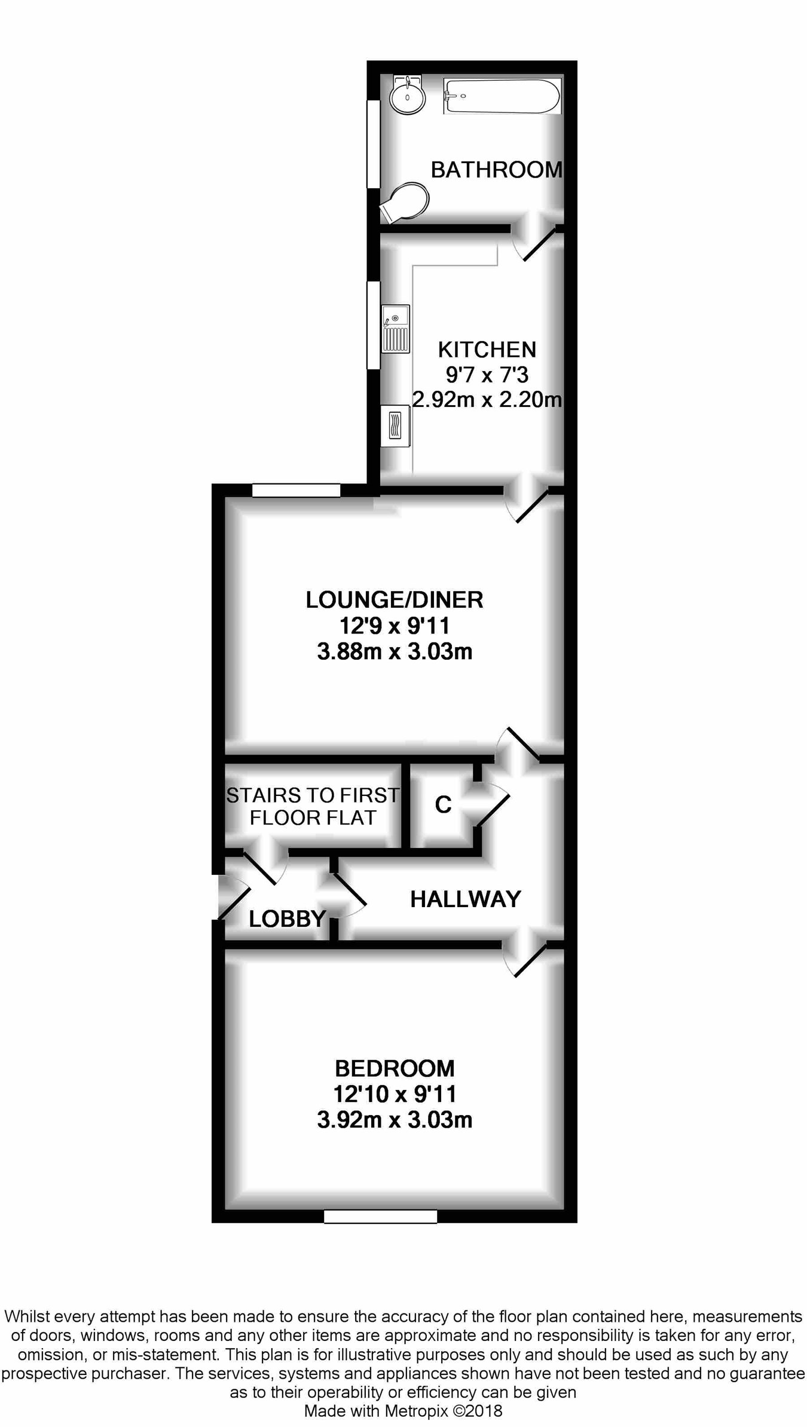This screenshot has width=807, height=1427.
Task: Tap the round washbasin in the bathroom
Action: [x=408, y=96]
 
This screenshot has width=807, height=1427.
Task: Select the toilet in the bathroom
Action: [x=406, y=200]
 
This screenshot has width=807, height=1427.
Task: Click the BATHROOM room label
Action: [x=496, y=170]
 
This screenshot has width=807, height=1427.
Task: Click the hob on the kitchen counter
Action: [x=395, y=425]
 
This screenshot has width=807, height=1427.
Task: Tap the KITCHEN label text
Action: [x=487, y=350]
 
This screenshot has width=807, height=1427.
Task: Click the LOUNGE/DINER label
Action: [x=395, y=600]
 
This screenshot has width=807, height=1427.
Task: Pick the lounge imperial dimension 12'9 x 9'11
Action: [x=395, y=626]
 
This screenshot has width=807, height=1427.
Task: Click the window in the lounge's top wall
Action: [x=296, y=491]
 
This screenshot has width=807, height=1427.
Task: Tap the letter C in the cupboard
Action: [x=443, y=805]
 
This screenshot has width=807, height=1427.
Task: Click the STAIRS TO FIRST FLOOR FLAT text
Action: [x=313, y=806]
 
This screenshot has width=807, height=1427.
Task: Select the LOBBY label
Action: [x=287, y=919]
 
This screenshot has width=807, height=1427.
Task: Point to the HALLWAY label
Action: [x=466, y=899]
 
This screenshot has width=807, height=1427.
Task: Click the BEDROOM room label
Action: [x=395, y=1068]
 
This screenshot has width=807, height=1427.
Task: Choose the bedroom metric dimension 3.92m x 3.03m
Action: [x=395, y=1120]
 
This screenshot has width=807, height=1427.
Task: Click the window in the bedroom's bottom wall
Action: [x=380, y=1216]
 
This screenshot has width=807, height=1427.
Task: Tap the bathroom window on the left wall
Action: [x=374, y=144]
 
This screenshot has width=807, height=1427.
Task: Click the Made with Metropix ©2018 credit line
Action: [x=403, y=1411]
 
